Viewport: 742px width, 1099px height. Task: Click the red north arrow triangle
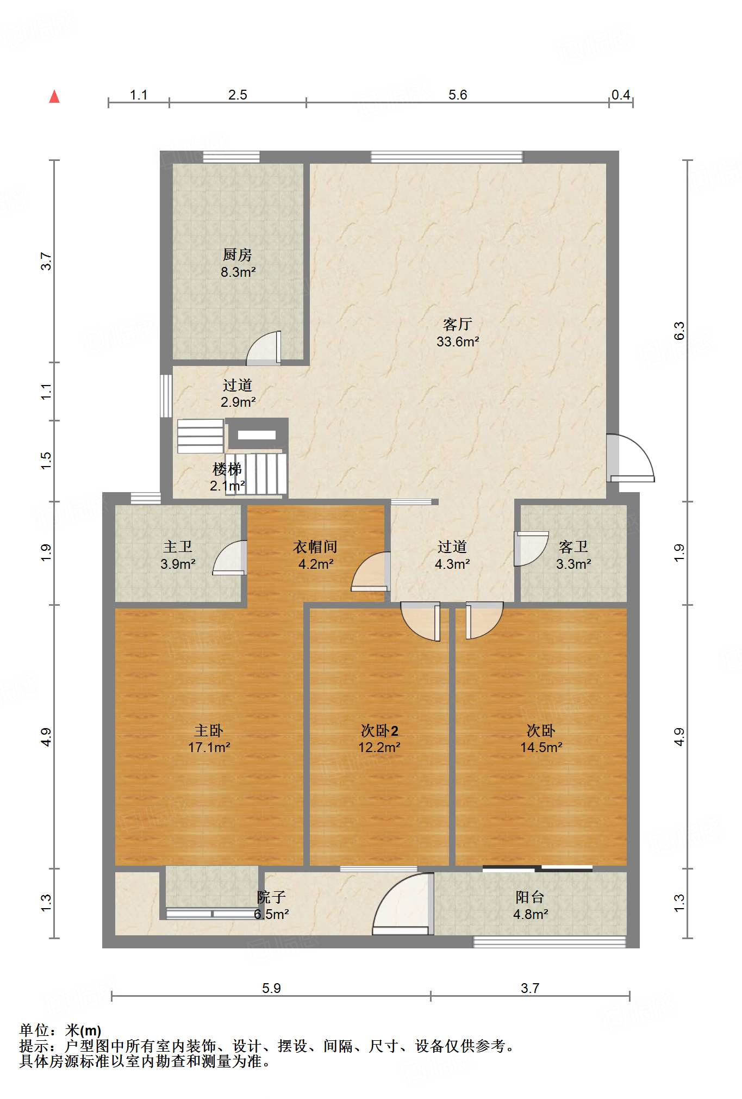[54, 96]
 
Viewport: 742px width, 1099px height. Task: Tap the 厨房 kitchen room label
[238, 254]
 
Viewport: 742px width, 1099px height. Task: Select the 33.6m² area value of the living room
[458, 342]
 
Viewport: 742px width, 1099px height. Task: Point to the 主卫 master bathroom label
[178, 547]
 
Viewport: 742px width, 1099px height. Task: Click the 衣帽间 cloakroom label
[315, 547]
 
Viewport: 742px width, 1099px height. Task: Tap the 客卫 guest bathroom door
[531, 548]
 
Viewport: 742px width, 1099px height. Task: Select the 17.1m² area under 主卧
[209, 747]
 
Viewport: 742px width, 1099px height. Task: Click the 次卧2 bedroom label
[379, 730]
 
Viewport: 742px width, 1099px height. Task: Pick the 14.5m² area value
[541, 747]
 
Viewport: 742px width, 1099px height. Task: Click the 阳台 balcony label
[530, 897]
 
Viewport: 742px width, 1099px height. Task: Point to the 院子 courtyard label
[271, 897]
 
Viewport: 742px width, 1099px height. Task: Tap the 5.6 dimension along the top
[458, 95]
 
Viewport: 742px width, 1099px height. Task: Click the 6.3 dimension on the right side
[679, 331]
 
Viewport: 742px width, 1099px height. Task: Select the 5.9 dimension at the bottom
[271, 988]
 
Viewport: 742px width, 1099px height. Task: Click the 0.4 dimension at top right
[621, 95]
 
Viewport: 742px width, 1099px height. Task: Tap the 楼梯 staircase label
[227, 468]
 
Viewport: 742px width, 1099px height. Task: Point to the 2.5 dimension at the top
[238, 95]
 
